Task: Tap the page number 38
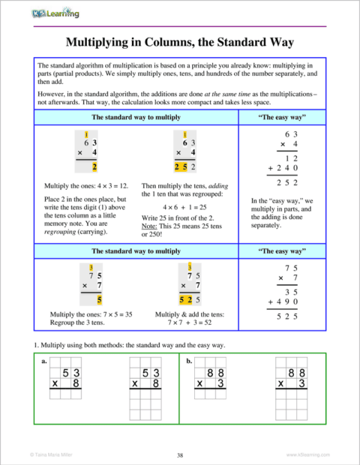click(180, 454)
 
